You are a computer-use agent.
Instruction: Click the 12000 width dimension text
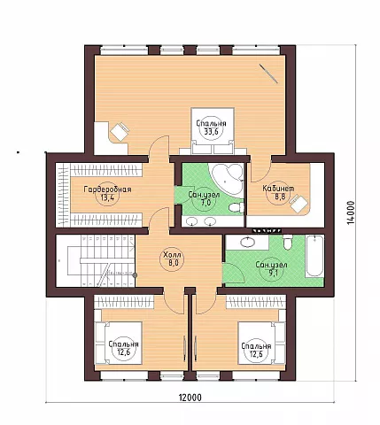(190, 398)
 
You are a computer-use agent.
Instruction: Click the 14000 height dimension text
(351, 212)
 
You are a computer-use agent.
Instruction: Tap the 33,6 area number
(211, 132)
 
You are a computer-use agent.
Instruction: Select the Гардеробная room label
(107, 189)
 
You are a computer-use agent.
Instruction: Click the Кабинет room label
(278, 189)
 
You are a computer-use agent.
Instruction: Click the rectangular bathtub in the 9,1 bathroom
(315, 256)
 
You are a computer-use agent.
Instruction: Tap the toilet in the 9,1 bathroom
(287, 242)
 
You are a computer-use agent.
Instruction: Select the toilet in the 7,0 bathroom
(237, 207)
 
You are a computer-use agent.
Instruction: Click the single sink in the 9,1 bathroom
(248, 243)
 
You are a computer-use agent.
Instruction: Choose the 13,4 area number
(107, 197)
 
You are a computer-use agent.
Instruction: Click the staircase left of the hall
(96, 260)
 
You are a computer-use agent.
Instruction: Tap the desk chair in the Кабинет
(299, 204)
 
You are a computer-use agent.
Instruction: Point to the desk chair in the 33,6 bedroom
(120, 132)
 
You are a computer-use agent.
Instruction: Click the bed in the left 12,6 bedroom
(118, 343)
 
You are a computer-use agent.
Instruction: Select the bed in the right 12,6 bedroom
(262, 343)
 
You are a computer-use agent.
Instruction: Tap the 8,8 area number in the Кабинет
(280, 197)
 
